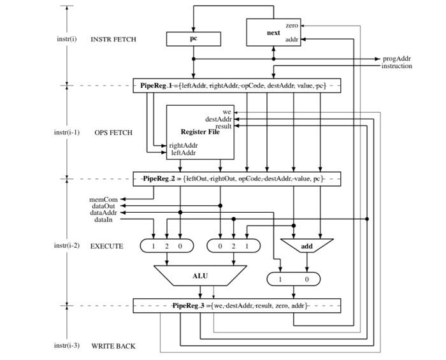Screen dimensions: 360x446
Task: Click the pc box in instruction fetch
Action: click(x=194, y=39)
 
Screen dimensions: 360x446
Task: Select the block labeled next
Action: click(x=273, y=32)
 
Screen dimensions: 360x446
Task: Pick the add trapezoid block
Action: click(x=306, y=246)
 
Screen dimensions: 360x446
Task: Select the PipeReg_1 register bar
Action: click(x=236, y=85)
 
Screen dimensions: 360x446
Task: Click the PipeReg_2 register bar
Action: click(x=236, y=178)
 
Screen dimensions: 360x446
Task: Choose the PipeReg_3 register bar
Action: click(x=236, y=306)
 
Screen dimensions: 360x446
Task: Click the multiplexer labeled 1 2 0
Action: click(x=167, y=246)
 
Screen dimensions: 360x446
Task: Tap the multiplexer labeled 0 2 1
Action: click(x=234, y=246)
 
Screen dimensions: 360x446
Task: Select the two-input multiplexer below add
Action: click(x=293, y=280)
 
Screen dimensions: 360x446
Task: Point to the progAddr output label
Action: click(x=396, y=59)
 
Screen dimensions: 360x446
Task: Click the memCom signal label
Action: click(x=103, y=199)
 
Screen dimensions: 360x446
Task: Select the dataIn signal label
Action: click(x=103, y=219)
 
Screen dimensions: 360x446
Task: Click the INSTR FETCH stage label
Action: click(x=113, y=40)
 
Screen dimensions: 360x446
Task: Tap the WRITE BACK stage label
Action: click(x=113, y=346)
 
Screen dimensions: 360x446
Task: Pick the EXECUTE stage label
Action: click(x=107, y=246)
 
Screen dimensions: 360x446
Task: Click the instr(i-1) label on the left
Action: click(x=67, y=133)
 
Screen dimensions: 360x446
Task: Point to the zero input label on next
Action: click(x=292, y=25)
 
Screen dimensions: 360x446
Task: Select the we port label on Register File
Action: click(x=227, y=112)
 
